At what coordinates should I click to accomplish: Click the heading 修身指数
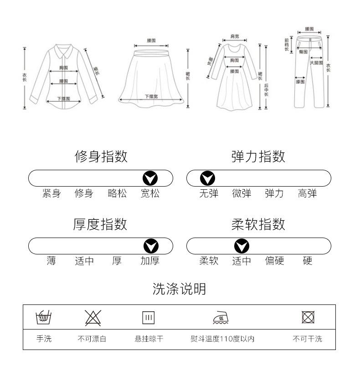coord(101,157)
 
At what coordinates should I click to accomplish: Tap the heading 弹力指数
coord(258,157)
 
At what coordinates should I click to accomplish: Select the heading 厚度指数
coord(100,224)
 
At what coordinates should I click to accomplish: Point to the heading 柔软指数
coord(258,224)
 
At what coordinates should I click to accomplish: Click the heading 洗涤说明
coord(179,289)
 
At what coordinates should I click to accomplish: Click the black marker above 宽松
coord(150,178)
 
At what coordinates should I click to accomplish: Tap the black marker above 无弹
coord(208,178)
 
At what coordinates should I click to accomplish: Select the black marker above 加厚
coord(150,246)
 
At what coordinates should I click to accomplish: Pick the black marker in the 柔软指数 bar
coord(242,246)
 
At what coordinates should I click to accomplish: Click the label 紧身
coord(51,193)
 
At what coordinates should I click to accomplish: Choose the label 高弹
coord(307,193)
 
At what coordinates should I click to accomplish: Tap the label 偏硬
coord(274,261)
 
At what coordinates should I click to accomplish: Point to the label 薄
coord(51,261)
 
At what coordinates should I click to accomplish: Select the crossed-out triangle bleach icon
coord(93,317)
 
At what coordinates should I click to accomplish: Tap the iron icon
coord(221,317)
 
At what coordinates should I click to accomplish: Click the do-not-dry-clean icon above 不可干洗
coord(308,317)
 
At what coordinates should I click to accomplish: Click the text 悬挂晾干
coord(149,339)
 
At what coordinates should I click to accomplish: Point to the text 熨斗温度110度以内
coord(222,339)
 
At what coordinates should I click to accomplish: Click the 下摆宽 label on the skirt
coord(151,96)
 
